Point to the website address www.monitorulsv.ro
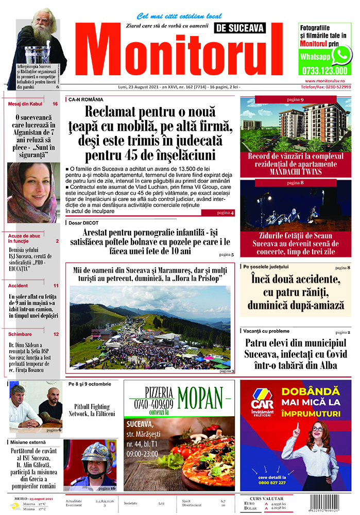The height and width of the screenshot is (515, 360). pyautogui.click(x=328, y=81)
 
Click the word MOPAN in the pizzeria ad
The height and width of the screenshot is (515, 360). pyautogui.click(x=203, y=398)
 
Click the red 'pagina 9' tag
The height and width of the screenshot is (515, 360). pyautogui.click(x=295, y=99)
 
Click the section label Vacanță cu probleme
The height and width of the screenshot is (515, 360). pyautogui.click(x=267, y=331)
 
